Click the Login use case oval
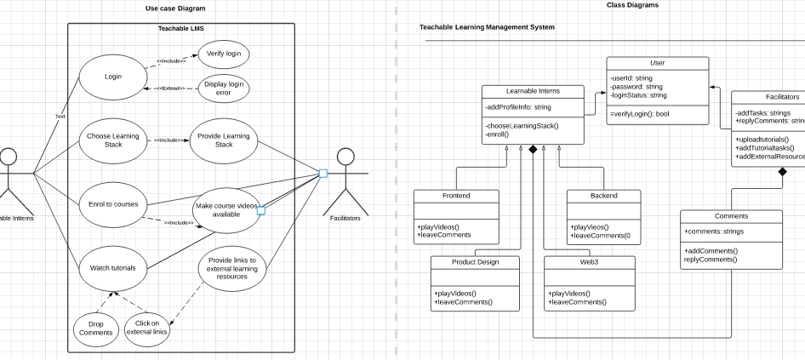(x=112, y=77)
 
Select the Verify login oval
(x=223, y=54)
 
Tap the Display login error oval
(x=223, y=88)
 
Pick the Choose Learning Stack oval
(x=113, y=140)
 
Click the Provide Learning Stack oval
(x=223, y=140)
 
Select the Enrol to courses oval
(x=113, y=204)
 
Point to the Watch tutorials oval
(x=113, y=267)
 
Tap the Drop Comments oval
(x=95, y=328)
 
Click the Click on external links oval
(x=146, y=328)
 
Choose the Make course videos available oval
(x=226, y=209)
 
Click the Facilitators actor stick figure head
(x=345, y=157)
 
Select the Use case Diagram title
(x=175, y=9)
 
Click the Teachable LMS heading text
(x=180, y=29)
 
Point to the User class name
(x=657, y=63)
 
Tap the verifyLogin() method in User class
(x=640, y=113)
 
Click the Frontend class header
(x=456, y=196)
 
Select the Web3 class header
(x=589, y=262)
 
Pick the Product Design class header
(x=476, y=262)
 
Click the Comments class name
(x=731, y=216)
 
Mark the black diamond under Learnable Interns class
(x=534, y=150)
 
